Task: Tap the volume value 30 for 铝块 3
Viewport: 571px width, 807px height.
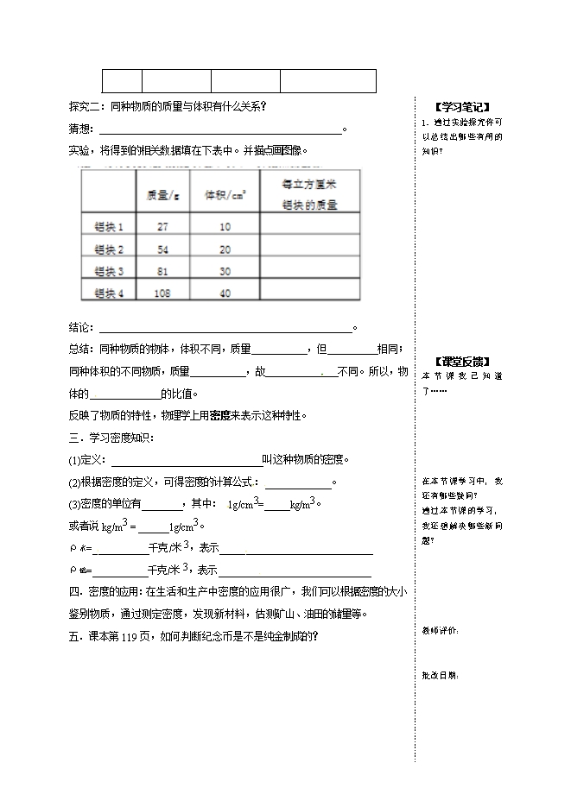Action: (x=225, y=271)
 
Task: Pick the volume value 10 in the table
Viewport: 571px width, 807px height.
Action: (x=225, y=227)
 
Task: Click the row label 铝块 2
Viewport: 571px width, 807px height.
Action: (x=109, y=249)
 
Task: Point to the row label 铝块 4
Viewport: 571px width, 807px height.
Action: (x=109, y=293)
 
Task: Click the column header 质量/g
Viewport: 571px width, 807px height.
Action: (x=162, y=195)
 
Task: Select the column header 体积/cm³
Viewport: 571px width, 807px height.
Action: (x=225, y=195)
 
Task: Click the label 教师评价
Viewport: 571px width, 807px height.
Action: (x=441, y=631)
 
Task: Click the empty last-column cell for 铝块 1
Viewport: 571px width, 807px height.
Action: (x=308, y=227)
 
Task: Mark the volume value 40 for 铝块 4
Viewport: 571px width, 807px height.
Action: (x=225, y=293)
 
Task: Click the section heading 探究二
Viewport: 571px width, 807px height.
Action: (x=85, y=107)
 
